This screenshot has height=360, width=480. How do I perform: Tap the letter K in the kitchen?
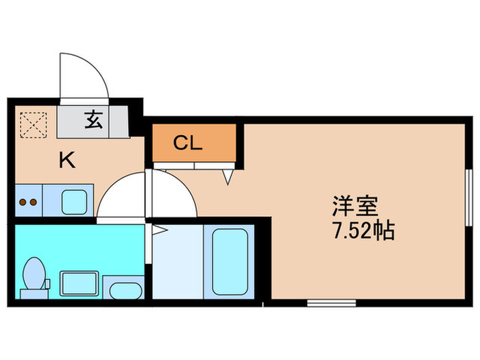pos(67,160)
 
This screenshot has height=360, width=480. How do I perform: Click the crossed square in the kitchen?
pos(30,123)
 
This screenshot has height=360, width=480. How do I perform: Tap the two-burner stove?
pos(28,202)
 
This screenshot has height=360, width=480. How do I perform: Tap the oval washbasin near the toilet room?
pos(124,290)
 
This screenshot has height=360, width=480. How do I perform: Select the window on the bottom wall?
pos(331,302)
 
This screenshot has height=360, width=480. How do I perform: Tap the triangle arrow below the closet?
pos(228,177)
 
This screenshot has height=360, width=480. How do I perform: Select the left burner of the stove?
pos(23,202)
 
